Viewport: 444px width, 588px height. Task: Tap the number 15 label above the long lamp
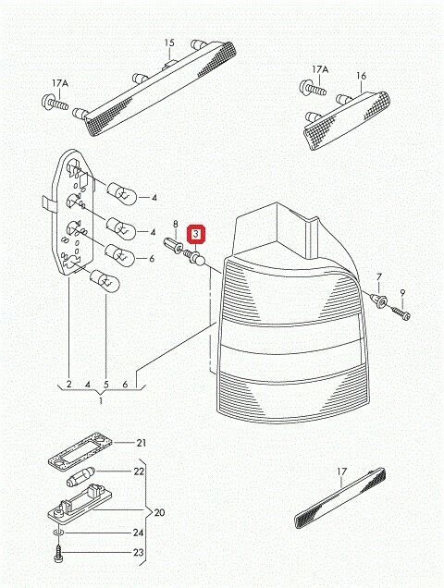169,43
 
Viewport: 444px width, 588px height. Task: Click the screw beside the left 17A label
56,104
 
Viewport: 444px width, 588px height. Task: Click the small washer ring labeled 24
58,534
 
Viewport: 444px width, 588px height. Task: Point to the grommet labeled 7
377,300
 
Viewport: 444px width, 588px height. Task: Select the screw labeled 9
404,315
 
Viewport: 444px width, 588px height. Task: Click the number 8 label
175,225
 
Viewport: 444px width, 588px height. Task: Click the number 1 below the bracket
103,399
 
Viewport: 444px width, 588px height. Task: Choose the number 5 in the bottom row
106,383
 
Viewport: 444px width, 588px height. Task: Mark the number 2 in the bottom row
69,383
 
